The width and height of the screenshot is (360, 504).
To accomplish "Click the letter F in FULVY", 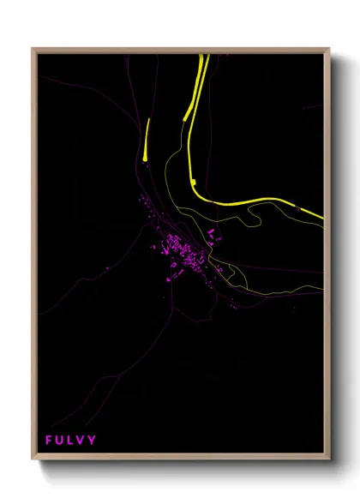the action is pyautogui.click(x=49, y=441).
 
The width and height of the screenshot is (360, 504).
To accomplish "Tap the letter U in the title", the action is pyautogui.click(x=60, y=441).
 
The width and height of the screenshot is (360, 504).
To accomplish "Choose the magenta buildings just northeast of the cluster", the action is pyautogui.click(x=211, y=234).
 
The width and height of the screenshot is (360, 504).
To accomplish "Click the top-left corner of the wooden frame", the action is pyautogui.click(x=33, y=50).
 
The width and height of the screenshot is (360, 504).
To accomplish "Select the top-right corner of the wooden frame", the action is pyautogui.click(x=328, y=50).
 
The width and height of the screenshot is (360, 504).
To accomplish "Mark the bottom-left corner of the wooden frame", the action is pyautogui.click(x=33, y=460).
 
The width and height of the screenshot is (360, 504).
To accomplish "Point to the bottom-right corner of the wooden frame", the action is pyautogui.click(x=328, y=460).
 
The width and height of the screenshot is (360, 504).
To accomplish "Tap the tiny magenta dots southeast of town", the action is pyautogui.click(x=232, y=304).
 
